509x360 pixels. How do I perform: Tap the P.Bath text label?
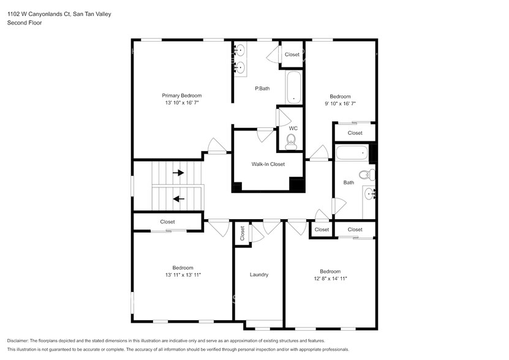tap(262, 89)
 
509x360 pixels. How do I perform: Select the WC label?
tap(293, 128)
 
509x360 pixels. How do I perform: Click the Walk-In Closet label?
tap(268, 164)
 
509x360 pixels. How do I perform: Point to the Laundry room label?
tap(259, 275)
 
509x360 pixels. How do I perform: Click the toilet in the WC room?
tap(292, 141)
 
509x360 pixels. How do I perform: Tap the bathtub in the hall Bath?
tap(353, 152)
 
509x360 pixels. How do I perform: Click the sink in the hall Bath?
tap(369, 194)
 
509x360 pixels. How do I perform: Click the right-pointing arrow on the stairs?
tap(178, 173)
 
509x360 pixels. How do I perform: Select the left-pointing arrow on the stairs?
tap(178, 198)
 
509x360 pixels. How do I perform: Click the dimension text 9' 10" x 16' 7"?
tap(340, 104)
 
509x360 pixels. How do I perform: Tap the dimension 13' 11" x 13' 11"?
tap(183, 276)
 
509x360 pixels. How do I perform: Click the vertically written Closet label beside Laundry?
tap(242, 233)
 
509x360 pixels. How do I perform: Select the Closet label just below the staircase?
tap(167, 222)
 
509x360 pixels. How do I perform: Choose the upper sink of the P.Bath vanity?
tap(239, 50)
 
